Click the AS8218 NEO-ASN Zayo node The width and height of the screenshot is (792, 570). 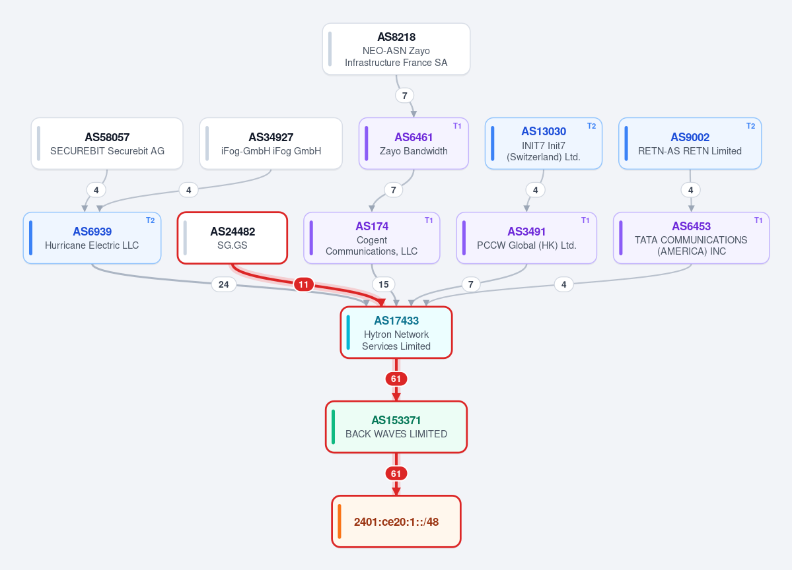point(396,49)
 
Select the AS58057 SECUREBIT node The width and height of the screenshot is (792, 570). point(107,143)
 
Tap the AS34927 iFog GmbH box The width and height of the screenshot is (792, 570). point(271,143)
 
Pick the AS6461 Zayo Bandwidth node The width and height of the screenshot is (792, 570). point(414,143)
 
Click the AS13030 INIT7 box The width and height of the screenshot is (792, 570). point(544,143)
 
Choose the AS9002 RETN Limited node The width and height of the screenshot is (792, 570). point(690,143)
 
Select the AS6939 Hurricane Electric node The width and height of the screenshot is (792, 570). point(92,237)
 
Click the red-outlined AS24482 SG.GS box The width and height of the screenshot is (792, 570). point(233,237)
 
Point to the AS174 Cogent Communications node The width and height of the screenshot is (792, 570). point(372,237)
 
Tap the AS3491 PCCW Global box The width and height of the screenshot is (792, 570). point(526,237)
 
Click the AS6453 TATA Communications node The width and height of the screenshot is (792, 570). point(691,237)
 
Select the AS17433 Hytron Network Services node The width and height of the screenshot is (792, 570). point(396,332)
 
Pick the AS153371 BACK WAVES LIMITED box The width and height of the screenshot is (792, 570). point(396,427)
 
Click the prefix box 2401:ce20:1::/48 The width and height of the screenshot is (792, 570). point(396,521)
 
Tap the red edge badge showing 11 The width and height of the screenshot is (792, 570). point(303,284)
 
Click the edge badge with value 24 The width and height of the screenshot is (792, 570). point(224,284)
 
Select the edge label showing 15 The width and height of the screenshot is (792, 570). point(383,284)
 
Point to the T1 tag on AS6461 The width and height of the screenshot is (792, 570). point(457,126)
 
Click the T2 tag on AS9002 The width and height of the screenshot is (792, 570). point(750,126)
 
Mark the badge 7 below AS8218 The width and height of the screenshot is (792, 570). point(404,96)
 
